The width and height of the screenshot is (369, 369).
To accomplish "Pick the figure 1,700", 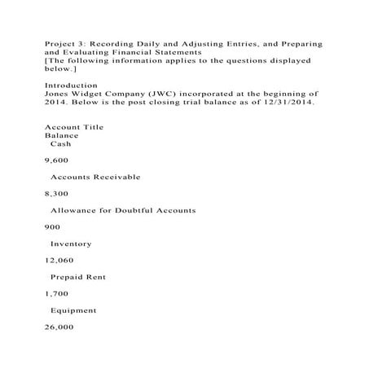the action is point(55,294).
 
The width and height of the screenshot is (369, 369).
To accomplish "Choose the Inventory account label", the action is point(71,244).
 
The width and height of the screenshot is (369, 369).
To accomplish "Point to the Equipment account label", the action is point(74,310).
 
